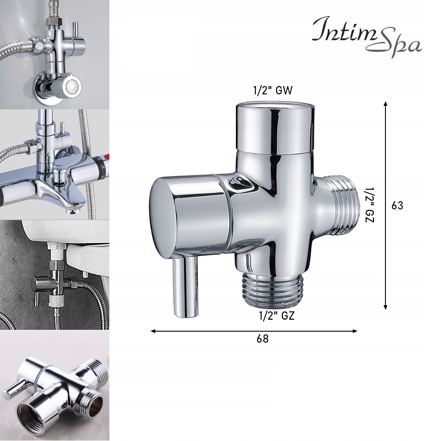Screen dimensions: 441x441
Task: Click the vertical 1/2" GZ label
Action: (x=369, y=203)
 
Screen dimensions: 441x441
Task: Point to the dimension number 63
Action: (x=397, y=206)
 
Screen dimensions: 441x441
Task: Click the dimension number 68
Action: (x=262, y=339)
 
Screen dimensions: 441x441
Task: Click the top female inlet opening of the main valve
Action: (x=275, y=107)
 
